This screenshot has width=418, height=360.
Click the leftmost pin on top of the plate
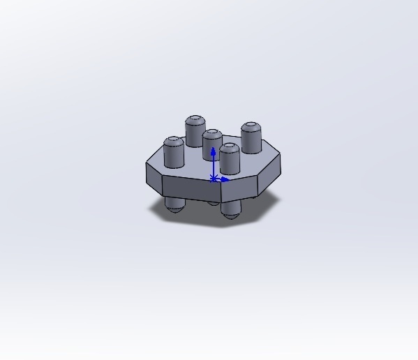pos(173,155)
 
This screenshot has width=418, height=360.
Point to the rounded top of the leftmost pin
pos(173,141)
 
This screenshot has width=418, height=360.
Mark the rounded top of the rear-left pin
pos(195,120)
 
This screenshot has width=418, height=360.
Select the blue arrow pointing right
pos(225,179)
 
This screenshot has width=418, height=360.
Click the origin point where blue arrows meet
pos(214,179)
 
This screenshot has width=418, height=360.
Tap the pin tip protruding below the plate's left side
pos(174,205)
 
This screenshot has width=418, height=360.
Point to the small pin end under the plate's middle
pos(212,203)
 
